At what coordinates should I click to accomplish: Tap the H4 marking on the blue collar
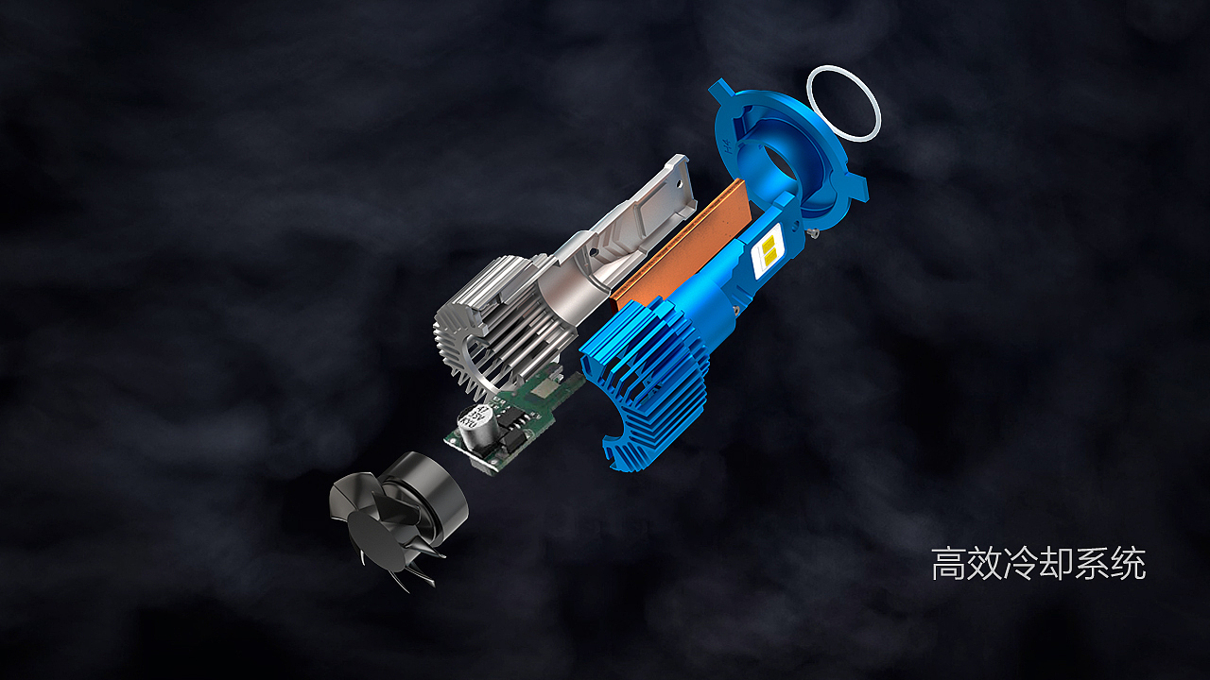coord(728,145)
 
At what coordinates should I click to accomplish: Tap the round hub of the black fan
coord(369,538)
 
